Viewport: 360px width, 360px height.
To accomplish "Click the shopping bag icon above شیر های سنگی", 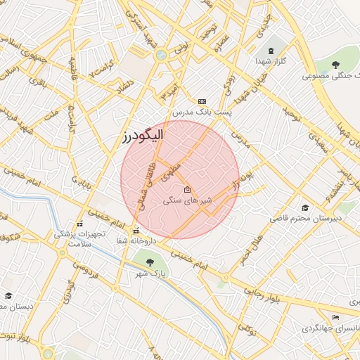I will coord(187,190).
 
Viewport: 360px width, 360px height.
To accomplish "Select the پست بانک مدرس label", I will coord(202,112).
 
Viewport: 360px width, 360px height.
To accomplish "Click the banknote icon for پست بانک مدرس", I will coord(202,101).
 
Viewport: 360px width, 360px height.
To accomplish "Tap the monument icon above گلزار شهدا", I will coord(270,51).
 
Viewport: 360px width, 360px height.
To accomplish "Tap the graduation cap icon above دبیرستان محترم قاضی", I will coord(304,207).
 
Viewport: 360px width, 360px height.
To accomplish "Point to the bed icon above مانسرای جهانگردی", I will coord(335,317).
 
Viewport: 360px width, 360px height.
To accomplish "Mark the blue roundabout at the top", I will coord(161,54).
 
